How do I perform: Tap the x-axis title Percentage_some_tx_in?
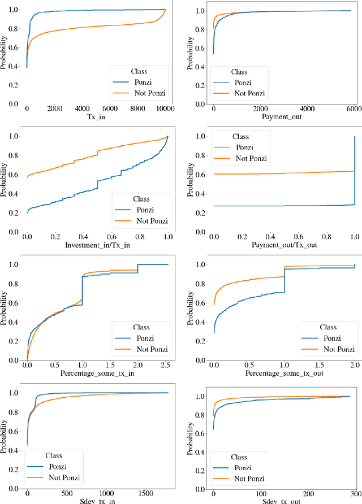coord(95,373)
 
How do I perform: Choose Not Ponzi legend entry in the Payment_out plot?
coord(250,93)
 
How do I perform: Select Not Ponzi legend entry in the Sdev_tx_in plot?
coord(61,478)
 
